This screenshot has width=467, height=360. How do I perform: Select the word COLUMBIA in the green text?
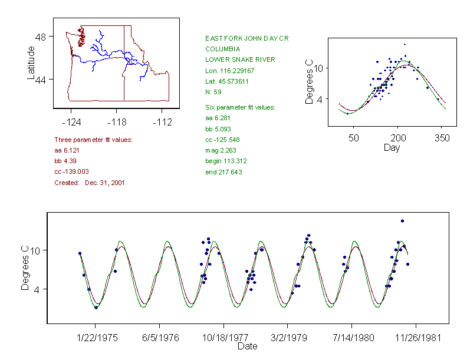[222, 49]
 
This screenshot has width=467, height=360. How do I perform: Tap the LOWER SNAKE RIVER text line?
[240, 60]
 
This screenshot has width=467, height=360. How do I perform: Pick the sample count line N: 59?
[213, 93]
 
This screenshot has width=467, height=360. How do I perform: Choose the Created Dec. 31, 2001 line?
[90, 183]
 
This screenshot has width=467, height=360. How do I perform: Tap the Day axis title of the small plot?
[391, 148]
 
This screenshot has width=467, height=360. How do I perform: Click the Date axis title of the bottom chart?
[247, 346]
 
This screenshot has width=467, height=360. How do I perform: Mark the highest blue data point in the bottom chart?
[402, 221]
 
